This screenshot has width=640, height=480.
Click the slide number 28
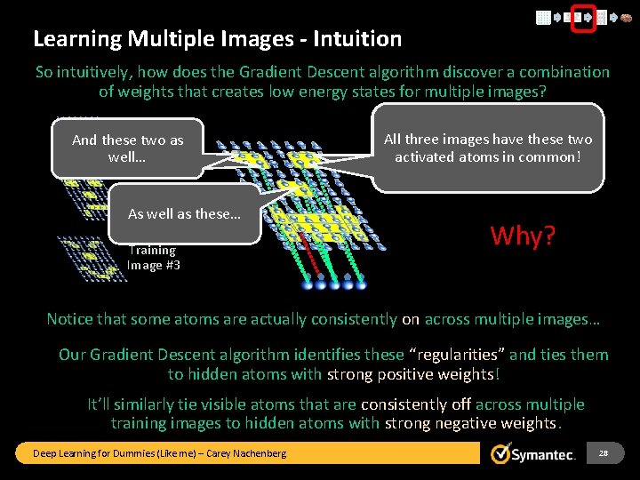pyautogui.click(x=603, y=453)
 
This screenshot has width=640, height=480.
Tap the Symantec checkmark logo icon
pyautogui.click(x=502, y=453)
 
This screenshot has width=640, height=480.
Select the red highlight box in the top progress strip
pyautogui.click(x=582, y=17)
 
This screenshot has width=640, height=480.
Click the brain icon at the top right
pyautogui.click(x=626, y=17)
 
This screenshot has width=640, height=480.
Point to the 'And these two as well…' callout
pyautogui.click(x=128, y=148)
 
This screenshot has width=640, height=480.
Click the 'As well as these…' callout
pyautogui.click(x=184, y=214)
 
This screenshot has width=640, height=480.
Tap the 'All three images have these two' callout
pyautogui.click(x=487, y=148)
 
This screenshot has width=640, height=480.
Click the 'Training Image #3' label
pyautogui.click(x=153, y=258)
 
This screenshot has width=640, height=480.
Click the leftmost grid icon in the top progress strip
pyautogui.click(x=543, y=17)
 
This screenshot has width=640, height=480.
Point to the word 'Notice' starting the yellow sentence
pyautogui.click(x=70, y=319)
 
